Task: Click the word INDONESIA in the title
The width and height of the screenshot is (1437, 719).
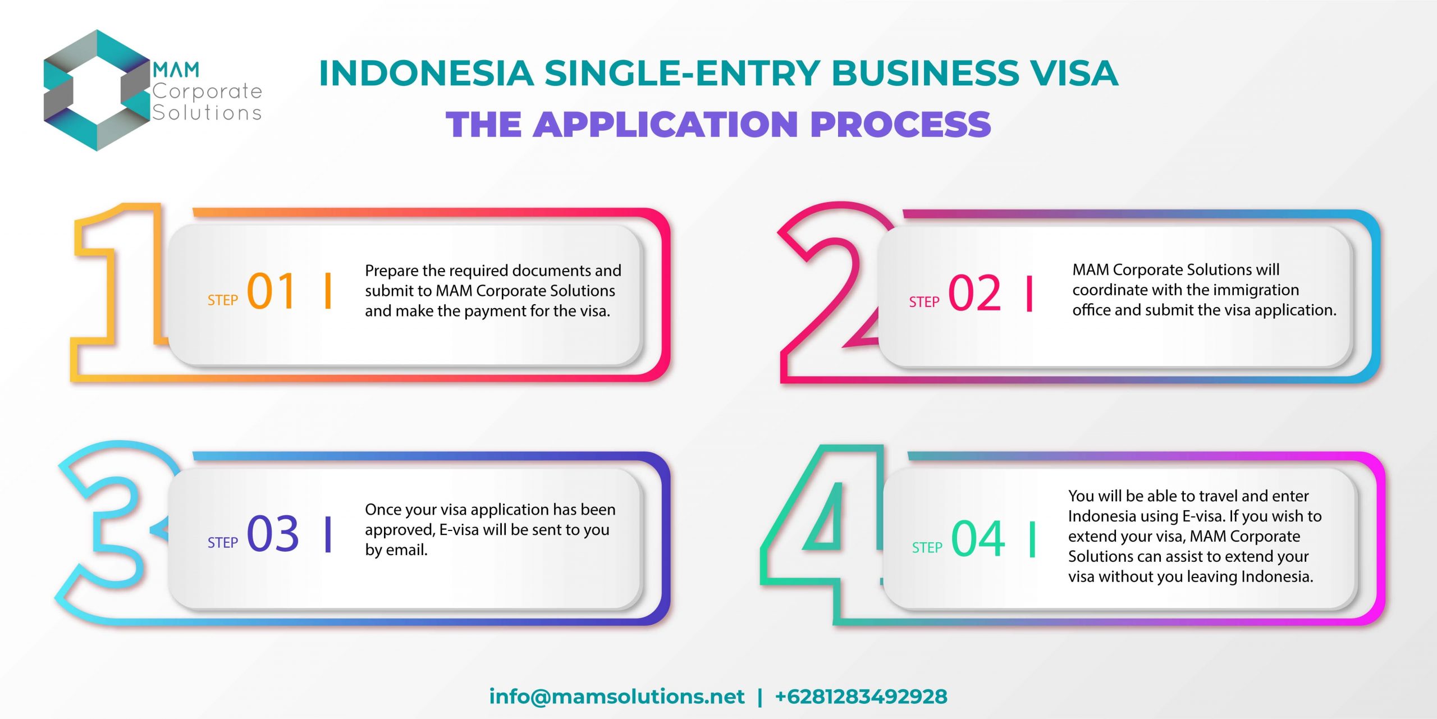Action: (x=426, y=74)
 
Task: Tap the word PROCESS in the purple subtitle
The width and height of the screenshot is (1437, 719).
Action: (x=901, y=124)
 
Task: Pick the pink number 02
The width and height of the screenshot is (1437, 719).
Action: (x=974, y=293)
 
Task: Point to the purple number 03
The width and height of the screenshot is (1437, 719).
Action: (x=273, y=533)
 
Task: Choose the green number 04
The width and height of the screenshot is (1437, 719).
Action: (x=978, y=539)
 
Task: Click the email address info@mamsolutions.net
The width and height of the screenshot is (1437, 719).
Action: (x=617, y=697)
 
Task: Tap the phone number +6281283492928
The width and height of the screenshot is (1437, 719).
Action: (x=861, y=697)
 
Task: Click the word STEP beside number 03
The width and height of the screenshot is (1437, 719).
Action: (x=223, y=543)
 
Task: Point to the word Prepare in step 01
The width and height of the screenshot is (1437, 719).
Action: (x=392, y=271)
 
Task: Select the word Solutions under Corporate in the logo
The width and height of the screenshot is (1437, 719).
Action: (x=207, y=112)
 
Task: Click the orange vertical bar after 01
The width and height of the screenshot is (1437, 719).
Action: (x=328, y=291)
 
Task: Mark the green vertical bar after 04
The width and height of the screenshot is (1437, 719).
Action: (x=1032, y=539)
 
